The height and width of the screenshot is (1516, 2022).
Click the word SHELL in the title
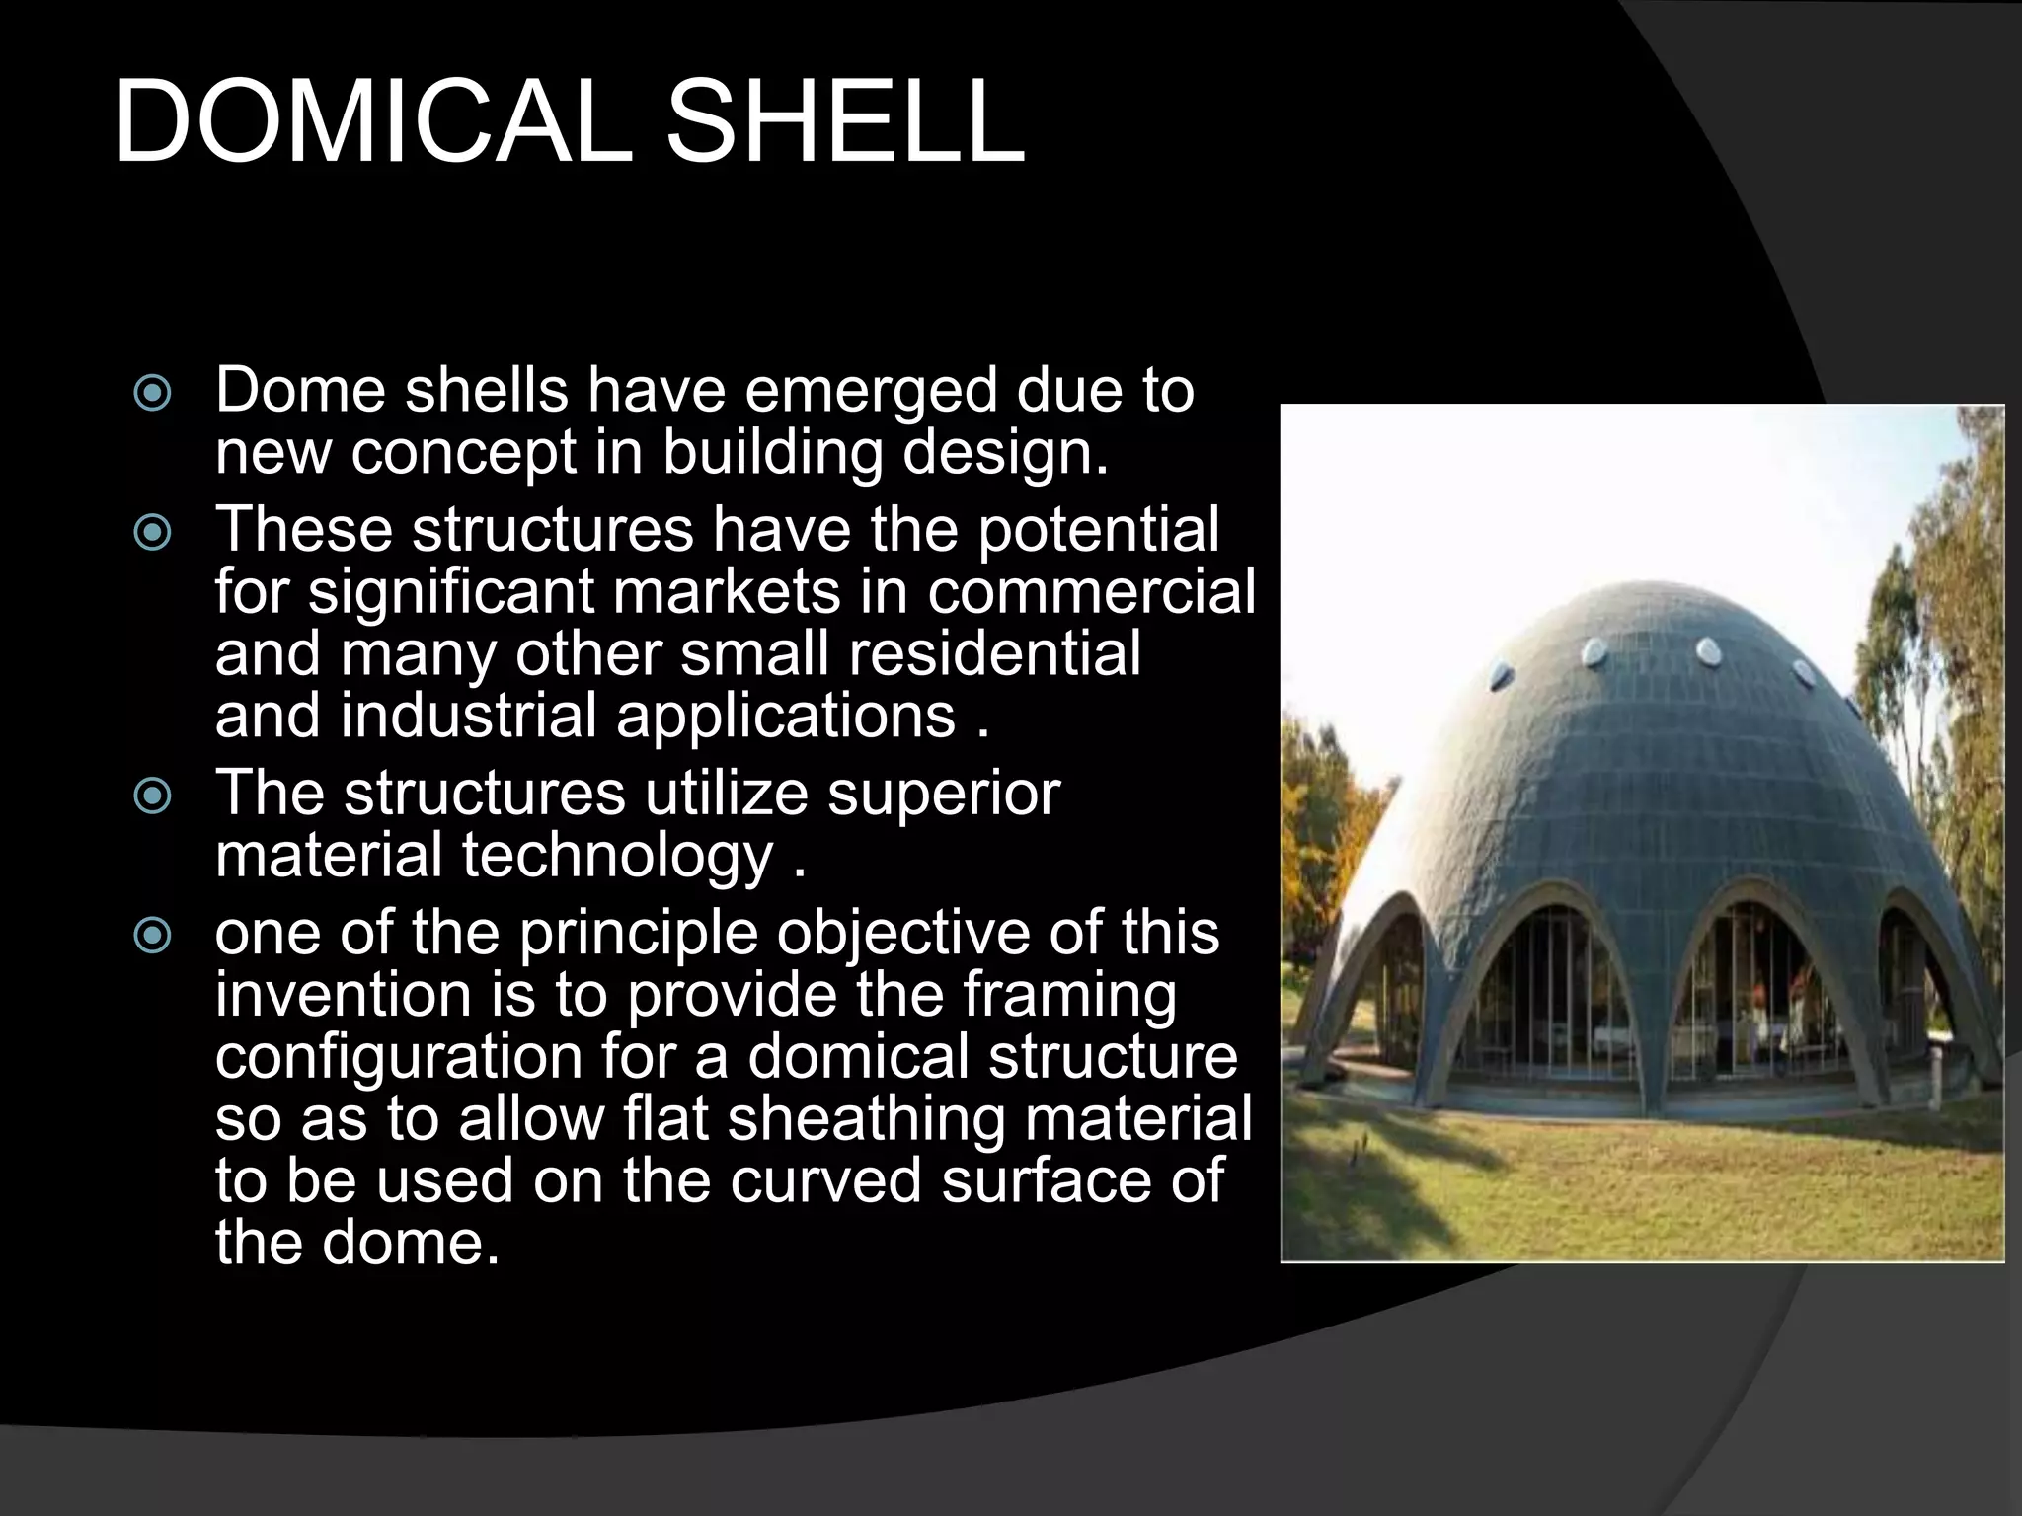[845, 122]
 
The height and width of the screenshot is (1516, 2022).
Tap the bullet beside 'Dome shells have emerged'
[152, 394]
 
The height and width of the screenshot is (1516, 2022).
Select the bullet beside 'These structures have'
[152, 534]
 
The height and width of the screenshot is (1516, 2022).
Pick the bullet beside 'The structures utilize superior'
[152, 796]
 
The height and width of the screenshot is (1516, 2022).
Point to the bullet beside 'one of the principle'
[152, 935]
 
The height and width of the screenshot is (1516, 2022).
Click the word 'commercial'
[1091, 593]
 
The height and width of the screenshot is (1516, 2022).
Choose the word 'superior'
[943, 794]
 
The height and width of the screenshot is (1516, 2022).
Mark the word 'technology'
[617, 856]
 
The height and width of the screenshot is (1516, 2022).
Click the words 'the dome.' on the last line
[357, 1243]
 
